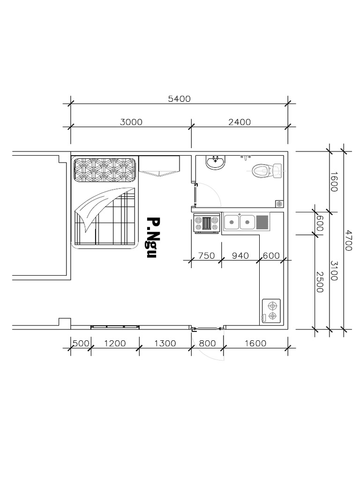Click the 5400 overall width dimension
point(180,99)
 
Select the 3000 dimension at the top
point(131,122)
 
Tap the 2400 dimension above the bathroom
point(240,122)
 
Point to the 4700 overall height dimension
point(348,240)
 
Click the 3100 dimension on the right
point(334,271)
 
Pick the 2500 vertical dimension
point(320,282)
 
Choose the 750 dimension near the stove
point(207,255)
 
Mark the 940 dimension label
point(240,255)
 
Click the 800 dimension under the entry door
point(207,344)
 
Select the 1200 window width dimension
point(115,344)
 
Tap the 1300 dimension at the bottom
point(165,344)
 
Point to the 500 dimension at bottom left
point(81,344)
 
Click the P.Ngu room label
point(153,238)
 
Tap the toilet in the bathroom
point(267,171)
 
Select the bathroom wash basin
point(216,162)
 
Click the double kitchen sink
point(240,222)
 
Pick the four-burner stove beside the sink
point(207,223)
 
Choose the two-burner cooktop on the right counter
point(271,311)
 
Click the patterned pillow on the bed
point(105,170)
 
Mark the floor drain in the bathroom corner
point(279,203)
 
